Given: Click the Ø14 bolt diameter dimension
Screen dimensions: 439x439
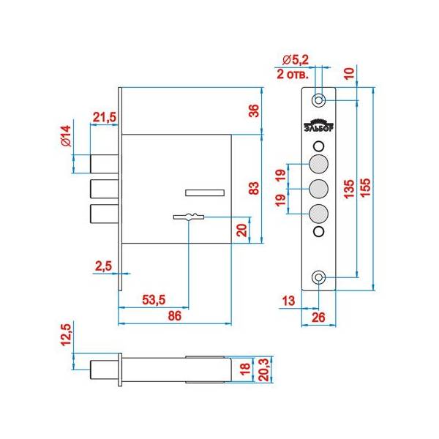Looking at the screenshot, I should (x=65, y=138).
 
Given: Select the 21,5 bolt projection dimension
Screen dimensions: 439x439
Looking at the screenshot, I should (x=104, y=117).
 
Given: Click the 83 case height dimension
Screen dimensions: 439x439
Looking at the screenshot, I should (x=253, y=188).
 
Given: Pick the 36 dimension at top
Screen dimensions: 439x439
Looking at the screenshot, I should (x=253, y=110).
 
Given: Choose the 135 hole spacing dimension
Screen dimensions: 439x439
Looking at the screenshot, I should (x=352, y=189).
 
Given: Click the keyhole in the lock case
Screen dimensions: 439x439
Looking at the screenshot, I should (x=190, y=217).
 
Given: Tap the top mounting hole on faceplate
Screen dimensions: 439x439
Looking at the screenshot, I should (x=319, y=100).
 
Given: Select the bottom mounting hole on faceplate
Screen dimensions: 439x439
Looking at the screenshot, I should (x=319, y=278).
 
